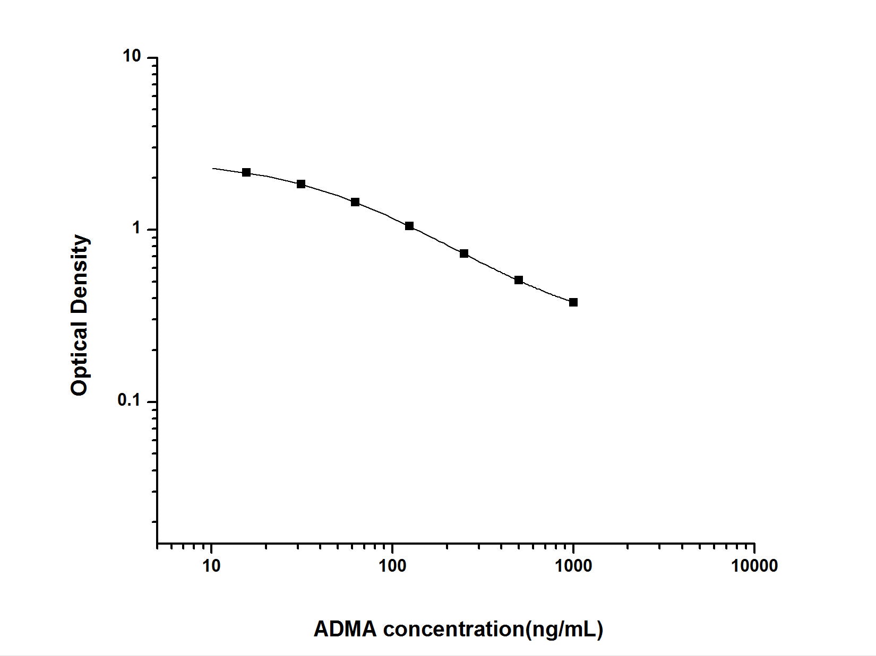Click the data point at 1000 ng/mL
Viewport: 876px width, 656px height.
(573, 302)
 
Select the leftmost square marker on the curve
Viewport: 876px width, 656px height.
(246, 172)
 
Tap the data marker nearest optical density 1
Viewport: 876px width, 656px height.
(409, 226)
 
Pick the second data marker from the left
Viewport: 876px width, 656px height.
(301, 184)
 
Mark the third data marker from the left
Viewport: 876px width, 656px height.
(355, 202)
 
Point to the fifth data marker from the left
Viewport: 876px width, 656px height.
(464, 253)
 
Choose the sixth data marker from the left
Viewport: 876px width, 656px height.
(519, 280)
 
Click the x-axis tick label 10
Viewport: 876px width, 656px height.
(211, 566)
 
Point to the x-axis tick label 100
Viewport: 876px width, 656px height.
(392, 566)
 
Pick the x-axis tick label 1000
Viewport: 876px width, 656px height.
(573, 566)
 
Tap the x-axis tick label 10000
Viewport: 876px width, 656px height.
(754, 566)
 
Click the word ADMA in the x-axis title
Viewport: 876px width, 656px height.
(346, 629)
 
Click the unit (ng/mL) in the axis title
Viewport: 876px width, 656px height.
(564, 629)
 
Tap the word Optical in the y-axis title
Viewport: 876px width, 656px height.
(80, 361)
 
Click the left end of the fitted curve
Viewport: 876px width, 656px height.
(213, 168)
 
